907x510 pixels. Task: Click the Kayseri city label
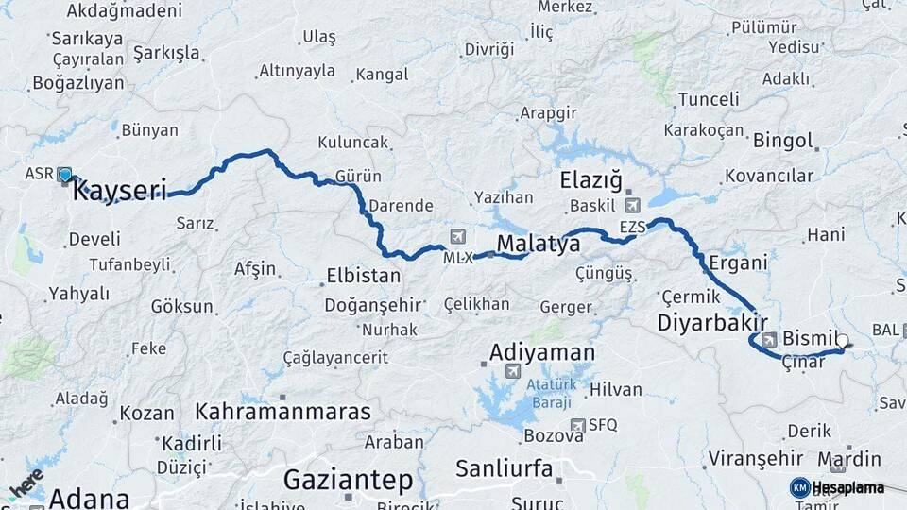pyautogui.click(x=119, y=190)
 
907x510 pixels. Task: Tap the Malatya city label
pyautogui.click(x=539, y=245)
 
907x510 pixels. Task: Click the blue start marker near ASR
pyautogui.click(x=64, y=175)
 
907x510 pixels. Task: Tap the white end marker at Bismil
pyautogui.click(x=842, y=342)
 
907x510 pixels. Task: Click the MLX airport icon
pyautogui.click(x=459, y=237)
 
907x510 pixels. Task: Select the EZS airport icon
pyautogui.click(x=632, y=205)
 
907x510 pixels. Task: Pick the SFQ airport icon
pyautogui.click(x=577, y=425)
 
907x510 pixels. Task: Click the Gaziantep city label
pyautogui.click(x=349, y=480)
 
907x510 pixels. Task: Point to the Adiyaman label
pyautogui.click(x=542, y=353)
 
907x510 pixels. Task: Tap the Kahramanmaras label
pyautogui.click(x=282, y=411)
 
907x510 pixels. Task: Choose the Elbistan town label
pyautogui.click(x=363, y=277)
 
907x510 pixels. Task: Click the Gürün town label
pyautogui.click(x=358, y=177)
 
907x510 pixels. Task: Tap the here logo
pyautogui.click(x=26, y=483)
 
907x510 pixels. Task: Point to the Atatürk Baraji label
pyautogui.click(x=550, y=394)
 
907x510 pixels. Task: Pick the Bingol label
pyautogui.click(x=783, y=141)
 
